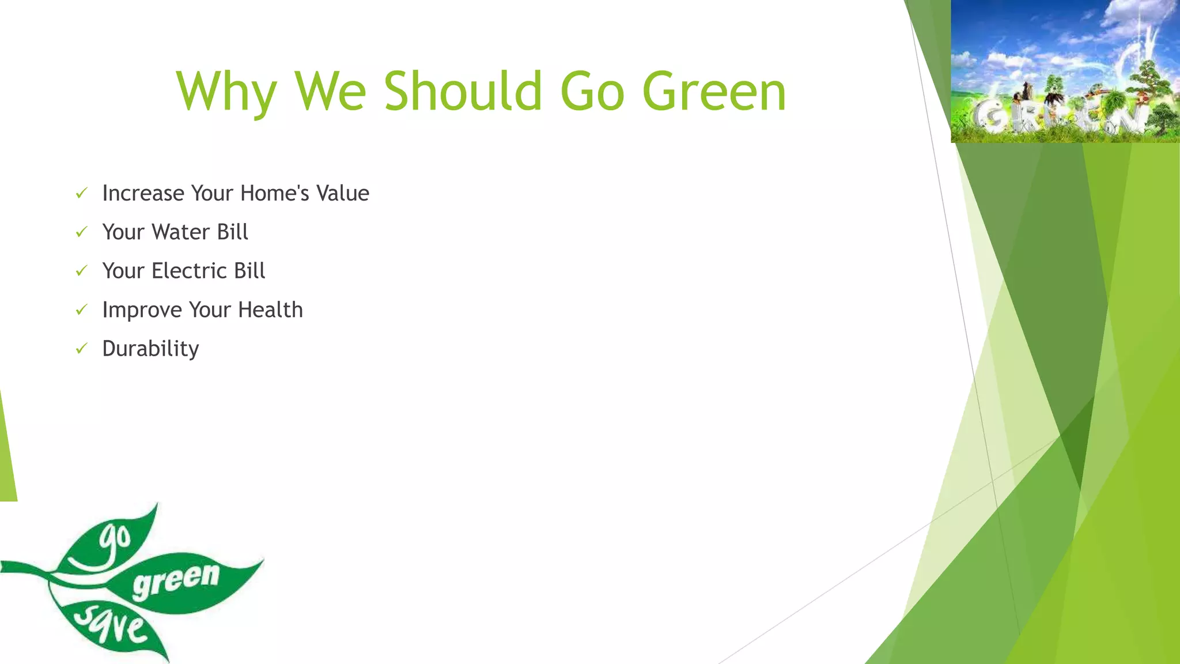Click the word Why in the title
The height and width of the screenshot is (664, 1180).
pos(226,92)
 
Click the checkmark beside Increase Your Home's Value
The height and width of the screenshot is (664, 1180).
pos(81,193)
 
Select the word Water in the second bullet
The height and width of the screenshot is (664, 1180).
pos(181,232)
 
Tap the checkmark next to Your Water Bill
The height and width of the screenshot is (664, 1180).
pos(81,232)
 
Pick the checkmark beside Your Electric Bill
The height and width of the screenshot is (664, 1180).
pos(81,271)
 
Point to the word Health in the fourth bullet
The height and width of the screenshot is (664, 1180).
pos(270,310)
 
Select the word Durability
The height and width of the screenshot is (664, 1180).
pos(150,349)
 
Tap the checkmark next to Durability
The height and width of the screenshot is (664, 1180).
pos(81,349)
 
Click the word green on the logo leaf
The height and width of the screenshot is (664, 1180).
pos(176,579)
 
